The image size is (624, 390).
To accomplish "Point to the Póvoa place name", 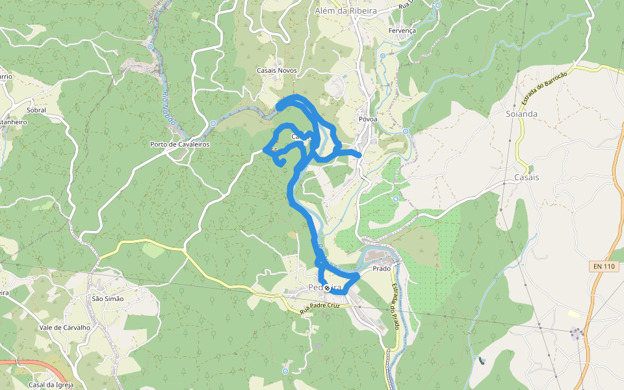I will click(368, 120).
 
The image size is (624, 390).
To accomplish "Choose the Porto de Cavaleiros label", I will click(180, 144).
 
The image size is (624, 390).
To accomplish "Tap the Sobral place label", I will click(36, 110).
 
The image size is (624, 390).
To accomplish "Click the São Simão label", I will click(108, 298).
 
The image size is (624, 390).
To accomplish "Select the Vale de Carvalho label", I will click(64, 328).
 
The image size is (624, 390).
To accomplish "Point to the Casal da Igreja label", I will click(51, 384).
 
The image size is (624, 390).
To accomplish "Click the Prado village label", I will click(382, 268).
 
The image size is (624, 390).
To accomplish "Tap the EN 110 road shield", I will click(603, 266).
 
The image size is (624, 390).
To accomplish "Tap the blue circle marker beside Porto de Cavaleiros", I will click(213, 123).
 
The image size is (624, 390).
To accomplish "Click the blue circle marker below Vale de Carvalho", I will click(285, 371).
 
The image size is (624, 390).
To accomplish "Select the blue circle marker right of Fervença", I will click(437, 6).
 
